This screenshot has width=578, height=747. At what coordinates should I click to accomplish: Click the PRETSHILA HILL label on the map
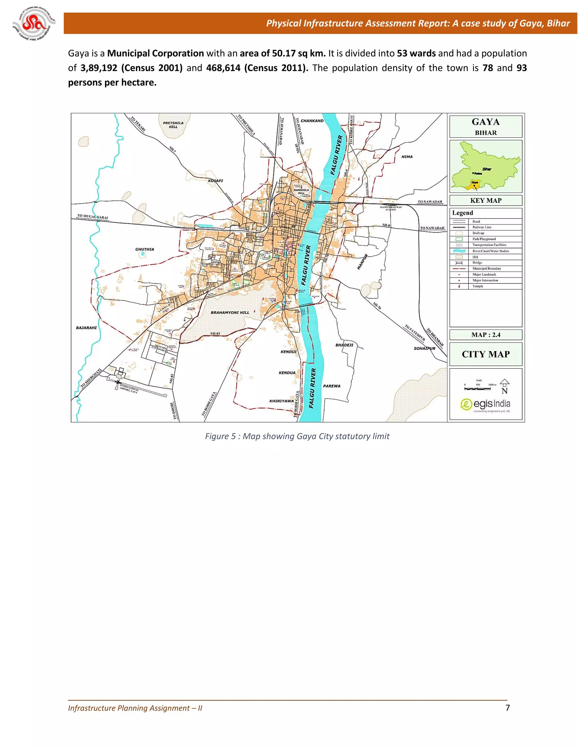173,125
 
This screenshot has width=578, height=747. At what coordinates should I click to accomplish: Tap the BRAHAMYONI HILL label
230,313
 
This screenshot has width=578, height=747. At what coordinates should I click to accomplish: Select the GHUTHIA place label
144,249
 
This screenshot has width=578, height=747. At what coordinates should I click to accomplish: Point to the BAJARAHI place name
86,328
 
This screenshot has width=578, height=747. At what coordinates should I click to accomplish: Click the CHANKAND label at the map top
312,121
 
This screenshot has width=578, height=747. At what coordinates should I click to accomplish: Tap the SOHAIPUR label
424,348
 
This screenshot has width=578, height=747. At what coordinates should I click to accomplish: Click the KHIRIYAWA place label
281,401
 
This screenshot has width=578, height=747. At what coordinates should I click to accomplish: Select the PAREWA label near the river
331,386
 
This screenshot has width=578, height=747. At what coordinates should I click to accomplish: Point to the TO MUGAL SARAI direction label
93,217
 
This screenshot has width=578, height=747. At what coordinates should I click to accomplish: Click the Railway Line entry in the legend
482,227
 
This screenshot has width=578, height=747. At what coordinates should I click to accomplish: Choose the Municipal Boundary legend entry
487,268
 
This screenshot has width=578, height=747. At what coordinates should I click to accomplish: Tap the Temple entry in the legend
478,286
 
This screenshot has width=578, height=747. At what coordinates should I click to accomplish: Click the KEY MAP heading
485,201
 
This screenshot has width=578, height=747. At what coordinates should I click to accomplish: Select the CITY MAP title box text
485,354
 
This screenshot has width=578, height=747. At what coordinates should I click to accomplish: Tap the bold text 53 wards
416,53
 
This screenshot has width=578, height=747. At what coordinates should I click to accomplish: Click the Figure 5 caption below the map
297,436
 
